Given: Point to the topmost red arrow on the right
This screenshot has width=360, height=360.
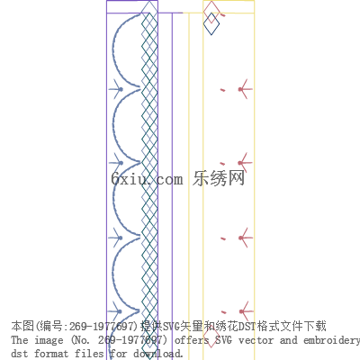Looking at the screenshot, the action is click(x=245, y=89).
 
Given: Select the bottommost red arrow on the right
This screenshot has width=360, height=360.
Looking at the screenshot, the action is click(x=245, y=311).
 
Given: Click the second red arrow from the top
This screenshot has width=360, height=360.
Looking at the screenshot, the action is click(x=245, y=163).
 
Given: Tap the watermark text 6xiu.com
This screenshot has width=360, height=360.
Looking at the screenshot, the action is click(x=147, y=179).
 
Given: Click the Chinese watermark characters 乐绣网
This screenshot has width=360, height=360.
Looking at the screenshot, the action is click(x=219, y=178).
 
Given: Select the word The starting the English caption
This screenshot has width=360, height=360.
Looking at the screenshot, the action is click(x=20, y=340).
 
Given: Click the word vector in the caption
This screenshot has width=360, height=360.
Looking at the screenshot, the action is click(x=256, y=340).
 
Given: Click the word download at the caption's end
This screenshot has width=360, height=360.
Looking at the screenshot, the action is click(x=157, y=354).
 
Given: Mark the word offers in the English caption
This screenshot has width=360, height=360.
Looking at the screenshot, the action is click(x=192, y=340).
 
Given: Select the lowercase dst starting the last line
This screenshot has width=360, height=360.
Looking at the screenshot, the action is click(x=19, y=354).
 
